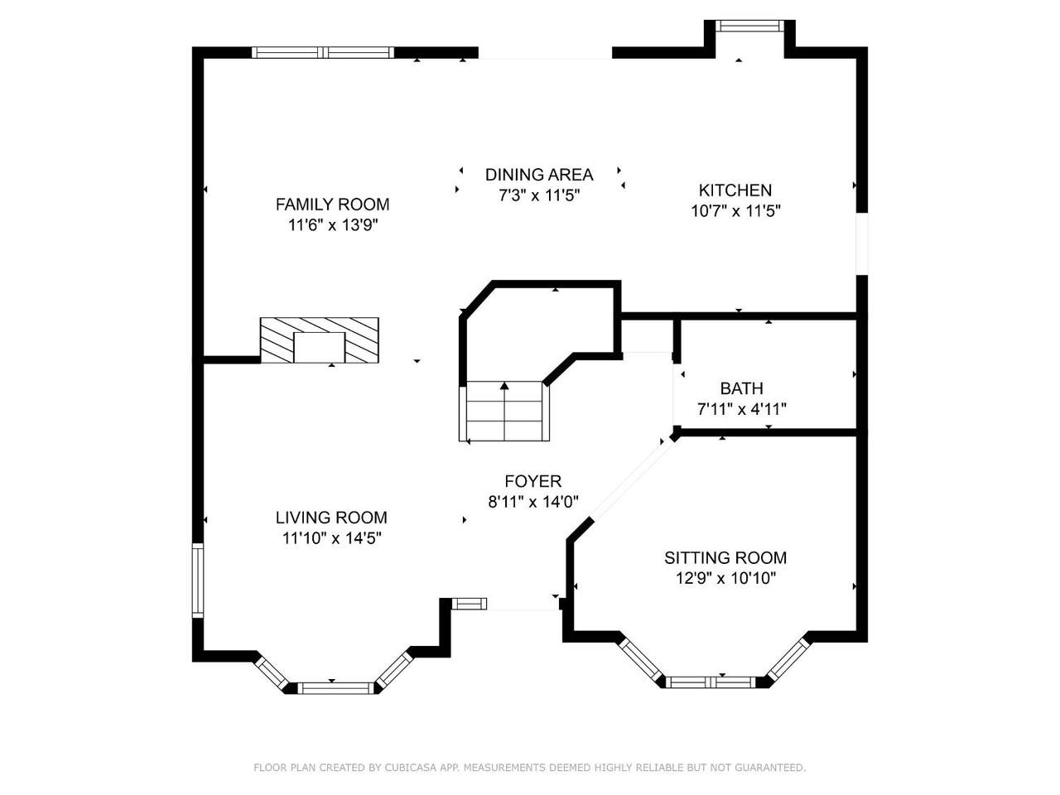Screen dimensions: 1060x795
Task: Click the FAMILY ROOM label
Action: [x=332, y=205]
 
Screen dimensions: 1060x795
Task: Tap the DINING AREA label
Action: [x=539, y=175]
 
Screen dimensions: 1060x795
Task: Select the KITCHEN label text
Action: [x=735, y=190]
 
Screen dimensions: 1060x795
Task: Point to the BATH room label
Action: [x=742, y=388]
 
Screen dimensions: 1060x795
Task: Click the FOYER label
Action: [x=533, y=481]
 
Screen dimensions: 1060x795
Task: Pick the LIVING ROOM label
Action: [x=331, y=518]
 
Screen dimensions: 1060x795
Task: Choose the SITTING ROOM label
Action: [x=725, y=557]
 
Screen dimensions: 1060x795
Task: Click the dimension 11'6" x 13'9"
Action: [x=332, y=225]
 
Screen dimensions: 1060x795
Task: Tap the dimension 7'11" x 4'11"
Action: [x=742, y=409]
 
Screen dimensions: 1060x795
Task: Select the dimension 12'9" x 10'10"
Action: [x=725, y=578]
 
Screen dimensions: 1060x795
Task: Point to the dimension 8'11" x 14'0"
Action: [x=533, y=503]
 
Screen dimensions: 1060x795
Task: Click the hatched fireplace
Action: [x=319, y=340]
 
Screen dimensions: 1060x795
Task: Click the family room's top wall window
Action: [x=323, y=52]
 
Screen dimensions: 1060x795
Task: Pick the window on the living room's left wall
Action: [x=198, y=581]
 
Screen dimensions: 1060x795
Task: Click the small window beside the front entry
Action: [x=469, y=604]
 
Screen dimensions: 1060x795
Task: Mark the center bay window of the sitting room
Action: [x=711, y=682]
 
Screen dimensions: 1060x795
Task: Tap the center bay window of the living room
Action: [x=335, y=688]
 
